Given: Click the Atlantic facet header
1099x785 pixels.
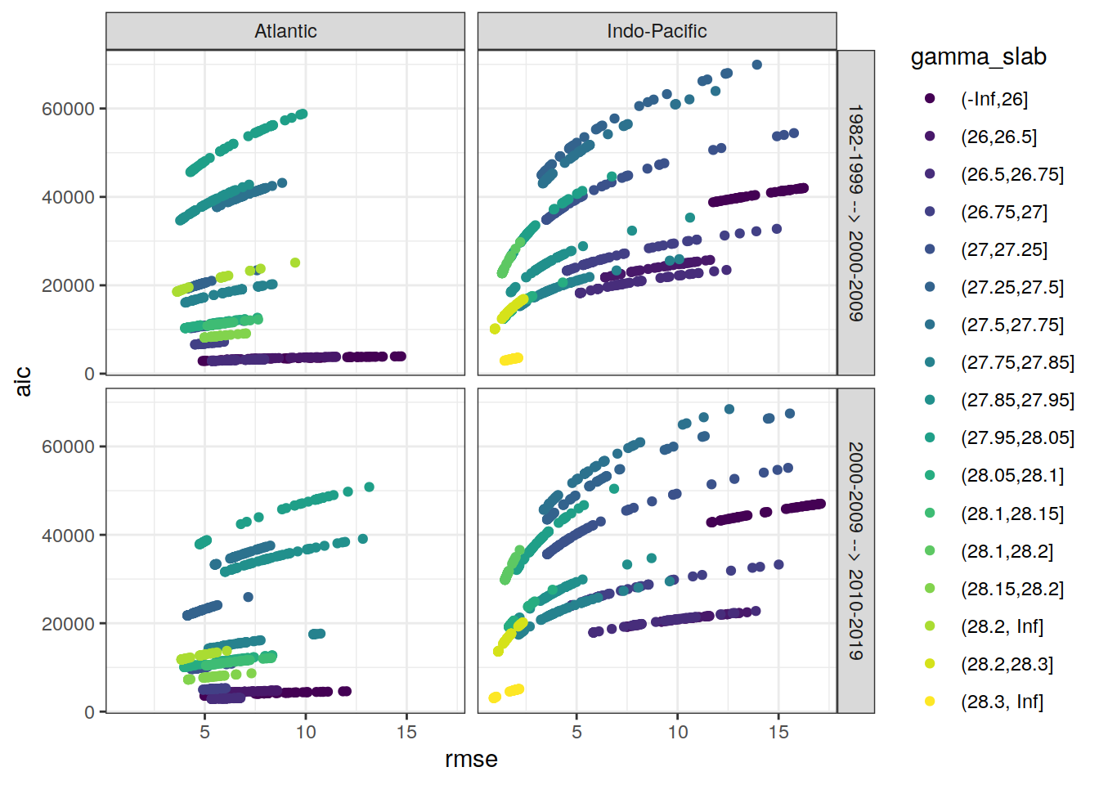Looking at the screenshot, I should click(285, 31).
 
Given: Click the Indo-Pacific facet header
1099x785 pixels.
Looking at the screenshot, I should click(657, 31).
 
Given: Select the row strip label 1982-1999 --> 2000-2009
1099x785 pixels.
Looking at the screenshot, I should click(855, 213).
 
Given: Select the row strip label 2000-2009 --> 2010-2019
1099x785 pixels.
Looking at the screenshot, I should click(855, 550).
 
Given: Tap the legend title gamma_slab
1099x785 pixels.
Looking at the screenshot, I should click(978, 57).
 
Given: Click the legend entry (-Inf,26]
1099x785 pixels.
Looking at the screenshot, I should click(994, 99).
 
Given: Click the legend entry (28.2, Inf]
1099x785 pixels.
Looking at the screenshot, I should click(1002, 626).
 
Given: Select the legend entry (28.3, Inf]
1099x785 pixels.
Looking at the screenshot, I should click(1002, 702).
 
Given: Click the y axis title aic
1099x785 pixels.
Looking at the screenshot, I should click(23, 381).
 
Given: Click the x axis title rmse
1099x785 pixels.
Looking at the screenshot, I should click(471, 759).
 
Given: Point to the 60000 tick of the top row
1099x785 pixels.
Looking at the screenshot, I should click(68, 109).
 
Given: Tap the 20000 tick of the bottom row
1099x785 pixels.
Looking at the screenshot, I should click(68, 624).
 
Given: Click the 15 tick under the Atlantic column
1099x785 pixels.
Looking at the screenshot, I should click(406, 732).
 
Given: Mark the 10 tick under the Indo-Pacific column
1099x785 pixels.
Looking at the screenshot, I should click(678, 732).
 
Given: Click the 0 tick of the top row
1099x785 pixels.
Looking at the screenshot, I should click(89, 374).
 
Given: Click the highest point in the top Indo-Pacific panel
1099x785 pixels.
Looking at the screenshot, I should click(756, 65).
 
